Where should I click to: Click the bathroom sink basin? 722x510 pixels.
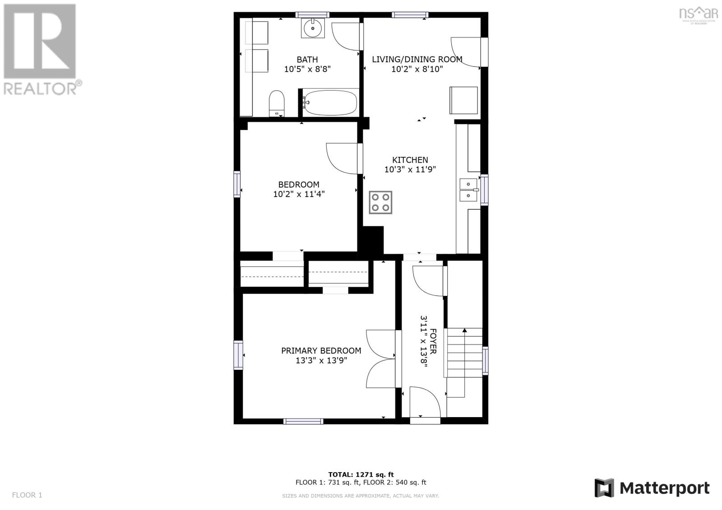pyautogui.click(x=313, y=28)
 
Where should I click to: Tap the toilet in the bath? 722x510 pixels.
pyautogui.click(x=277, y=103)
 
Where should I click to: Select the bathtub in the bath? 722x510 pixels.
pyautogui.click(x=330, y=102)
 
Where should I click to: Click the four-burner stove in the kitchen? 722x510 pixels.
pyautogui.click(x=380, y=202)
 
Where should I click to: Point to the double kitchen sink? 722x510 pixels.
pyautogui.click(x=469, y=190)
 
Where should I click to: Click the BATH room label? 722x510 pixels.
pyautogui.click(x=307, y=60)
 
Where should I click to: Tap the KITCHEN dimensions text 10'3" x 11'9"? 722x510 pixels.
pyautogui.click(x=410, y=169)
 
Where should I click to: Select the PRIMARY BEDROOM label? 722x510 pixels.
pyautogui.click(x=321, y=350)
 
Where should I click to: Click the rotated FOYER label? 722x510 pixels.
pyautogui.click(x=433, y=341)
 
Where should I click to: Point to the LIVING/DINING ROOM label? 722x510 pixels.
pyautogui.click(x=417, y=59)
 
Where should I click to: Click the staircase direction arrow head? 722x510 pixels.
pyautogui.click(x=464, y=330)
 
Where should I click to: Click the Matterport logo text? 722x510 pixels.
pyautogui.click(x=664, y=488)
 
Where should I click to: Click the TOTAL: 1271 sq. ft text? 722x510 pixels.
pyautogui.click(x=361, y=474)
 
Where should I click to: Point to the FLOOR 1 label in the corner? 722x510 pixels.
pyautogui.click(x=27, y=495)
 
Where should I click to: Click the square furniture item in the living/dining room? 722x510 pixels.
pyautogui.click(x=463, y=100)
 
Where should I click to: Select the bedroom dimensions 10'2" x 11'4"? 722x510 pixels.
pyautogui.click(x=299, y=194)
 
